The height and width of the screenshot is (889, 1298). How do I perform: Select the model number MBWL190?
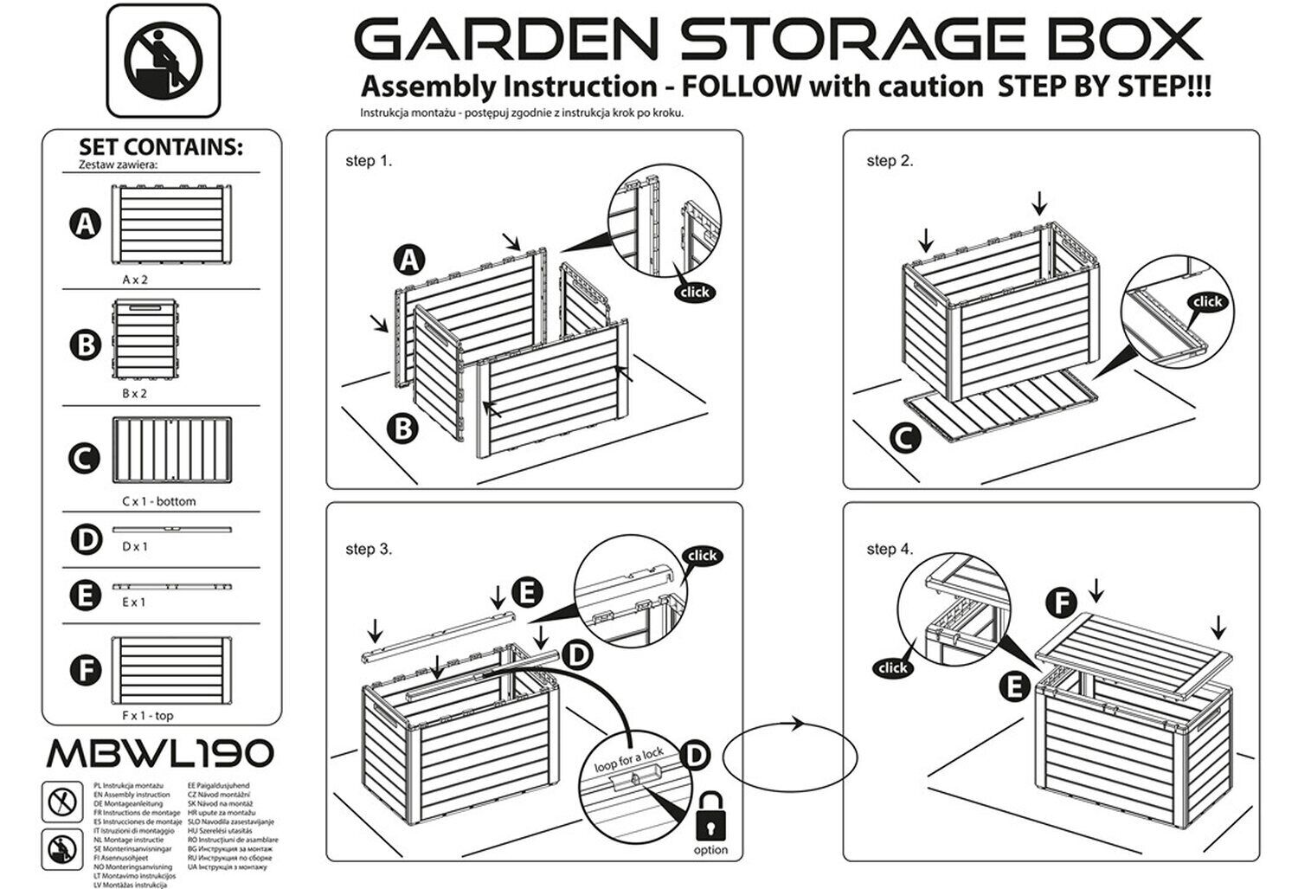point(160,753)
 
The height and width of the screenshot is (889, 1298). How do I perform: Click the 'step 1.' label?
point(369,161)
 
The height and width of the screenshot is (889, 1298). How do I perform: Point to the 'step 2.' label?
point(890,161)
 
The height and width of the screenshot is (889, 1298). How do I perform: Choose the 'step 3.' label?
point(369,549)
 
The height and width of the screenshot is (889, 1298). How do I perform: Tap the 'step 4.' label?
point(890,549)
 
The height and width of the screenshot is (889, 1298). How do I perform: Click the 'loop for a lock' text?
point(629,760)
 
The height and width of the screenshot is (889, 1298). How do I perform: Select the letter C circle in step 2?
point(903,439)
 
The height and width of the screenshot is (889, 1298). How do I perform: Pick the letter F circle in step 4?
point(1062,603)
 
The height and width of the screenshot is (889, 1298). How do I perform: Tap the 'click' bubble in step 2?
point(1206,301)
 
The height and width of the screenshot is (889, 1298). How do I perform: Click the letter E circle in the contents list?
point(85,596)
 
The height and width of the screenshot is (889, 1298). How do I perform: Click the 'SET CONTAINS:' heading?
point(160,147)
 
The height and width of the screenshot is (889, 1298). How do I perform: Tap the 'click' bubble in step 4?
point(892,667)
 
